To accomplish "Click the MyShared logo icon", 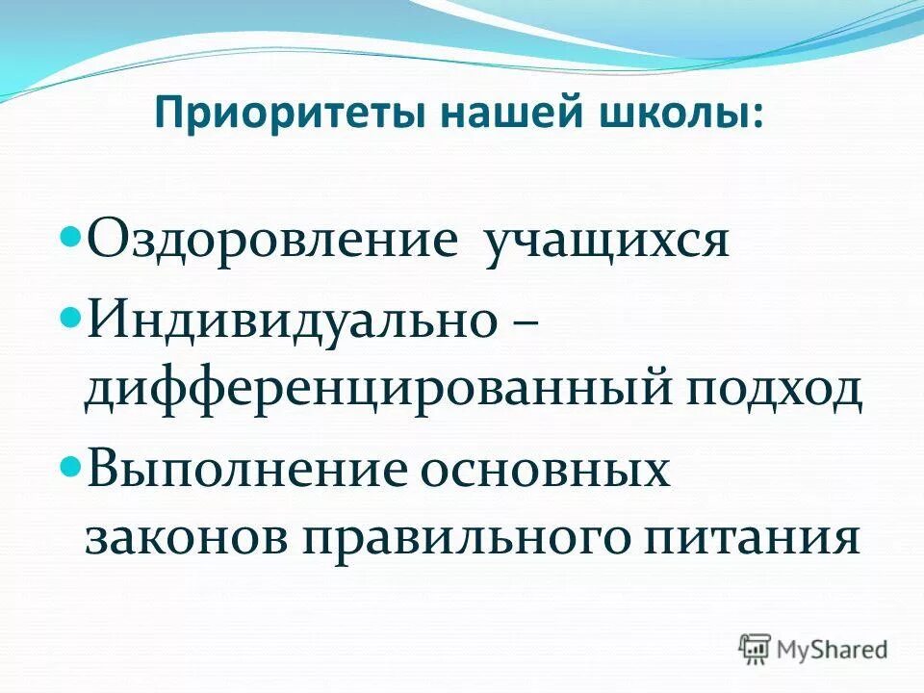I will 756,647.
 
